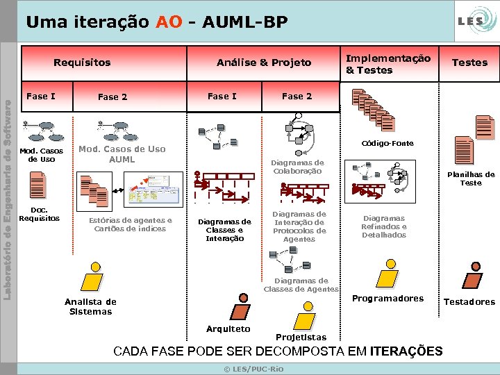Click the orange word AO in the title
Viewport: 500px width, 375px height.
169,22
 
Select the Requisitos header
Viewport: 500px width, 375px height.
82,62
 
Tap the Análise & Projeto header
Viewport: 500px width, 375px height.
264,62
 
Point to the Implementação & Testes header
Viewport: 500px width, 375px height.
388,64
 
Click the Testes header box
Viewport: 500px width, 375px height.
469,62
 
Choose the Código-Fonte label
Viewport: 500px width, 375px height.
387,143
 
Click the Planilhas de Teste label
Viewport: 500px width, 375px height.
471,178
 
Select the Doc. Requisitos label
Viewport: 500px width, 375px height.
39,214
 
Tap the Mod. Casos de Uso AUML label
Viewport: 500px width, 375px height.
122,154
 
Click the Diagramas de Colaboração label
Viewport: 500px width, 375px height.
297,167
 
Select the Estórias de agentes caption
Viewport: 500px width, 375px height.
130,224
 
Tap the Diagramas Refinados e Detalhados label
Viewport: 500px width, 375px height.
384,226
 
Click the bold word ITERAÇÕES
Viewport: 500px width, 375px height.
406,351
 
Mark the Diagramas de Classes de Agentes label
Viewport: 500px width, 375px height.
301,285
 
